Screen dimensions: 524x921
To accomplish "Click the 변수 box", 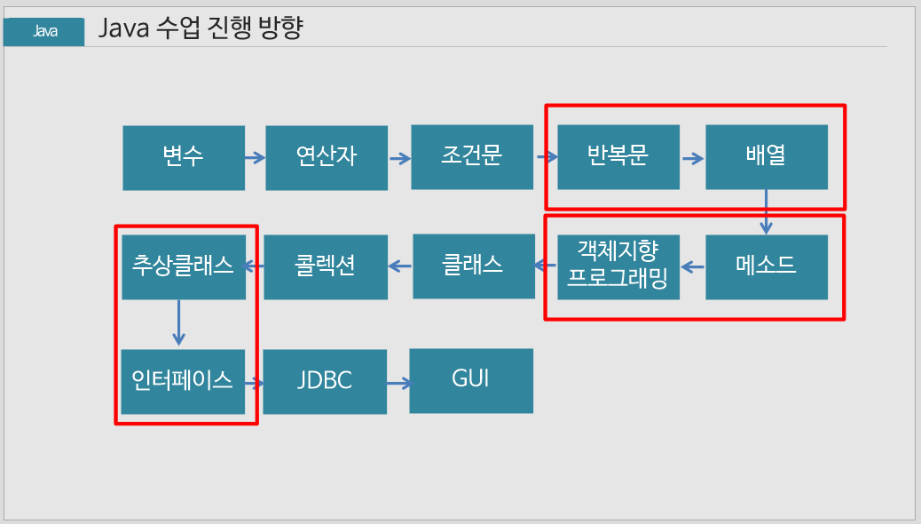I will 184,157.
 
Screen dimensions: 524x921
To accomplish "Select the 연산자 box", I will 327,157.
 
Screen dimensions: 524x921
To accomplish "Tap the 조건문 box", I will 472,156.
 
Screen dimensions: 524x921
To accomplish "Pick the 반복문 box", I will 618,156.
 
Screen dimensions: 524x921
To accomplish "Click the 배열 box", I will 767,156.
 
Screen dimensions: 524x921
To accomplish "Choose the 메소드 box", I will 767,266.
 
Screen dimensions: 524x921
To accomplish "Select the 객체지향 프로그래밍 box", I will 618,266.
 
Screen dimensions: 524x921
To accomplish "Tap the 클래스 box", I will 474,266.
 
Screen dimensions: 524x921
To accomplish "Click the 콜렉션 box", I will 326,266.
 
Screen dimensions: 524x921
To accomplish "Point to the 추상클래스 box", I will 183,266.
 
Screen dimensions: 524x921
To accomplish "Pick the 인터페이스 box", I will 183,382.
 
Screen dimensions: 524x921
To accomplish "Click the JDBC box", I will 325,382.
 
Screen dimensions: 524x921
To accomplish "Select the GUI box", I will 471,380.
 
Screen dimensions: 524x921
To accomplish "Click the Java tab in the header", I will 44,32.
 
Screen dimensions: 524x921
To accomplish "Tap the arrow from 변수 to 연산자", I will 255,158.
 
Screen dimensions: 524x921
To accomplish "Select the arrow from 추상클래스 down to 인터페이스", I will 179,322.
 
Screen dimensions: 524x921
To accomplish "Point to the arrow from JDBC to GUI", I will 398,384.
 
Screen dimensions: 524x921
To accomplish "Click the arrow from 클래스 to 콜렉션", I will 400,265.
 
